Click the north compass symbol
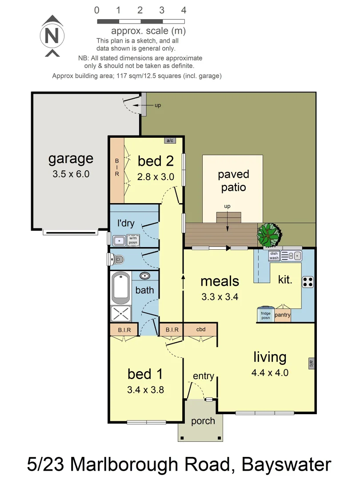52,36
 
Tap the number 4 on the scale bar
184,10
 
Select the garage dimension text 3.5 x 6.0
71,174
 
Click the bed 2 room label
155,161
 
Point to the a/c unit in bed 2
169,140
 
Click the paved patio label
233,180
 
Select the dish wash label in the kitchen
274,256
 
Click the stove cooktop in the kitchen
308,282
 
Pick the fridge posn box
265,314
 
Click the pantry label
283,315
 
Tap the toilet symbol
118,259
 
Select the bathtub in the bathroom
121,287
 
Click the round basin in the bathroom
145,276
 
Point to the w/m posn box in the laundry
133,240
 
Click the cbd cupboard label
200,329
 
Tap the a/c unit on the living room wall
311,364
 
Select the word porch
203,421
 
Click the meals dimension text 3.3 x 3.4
220,297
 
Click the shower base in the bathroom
121,313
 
